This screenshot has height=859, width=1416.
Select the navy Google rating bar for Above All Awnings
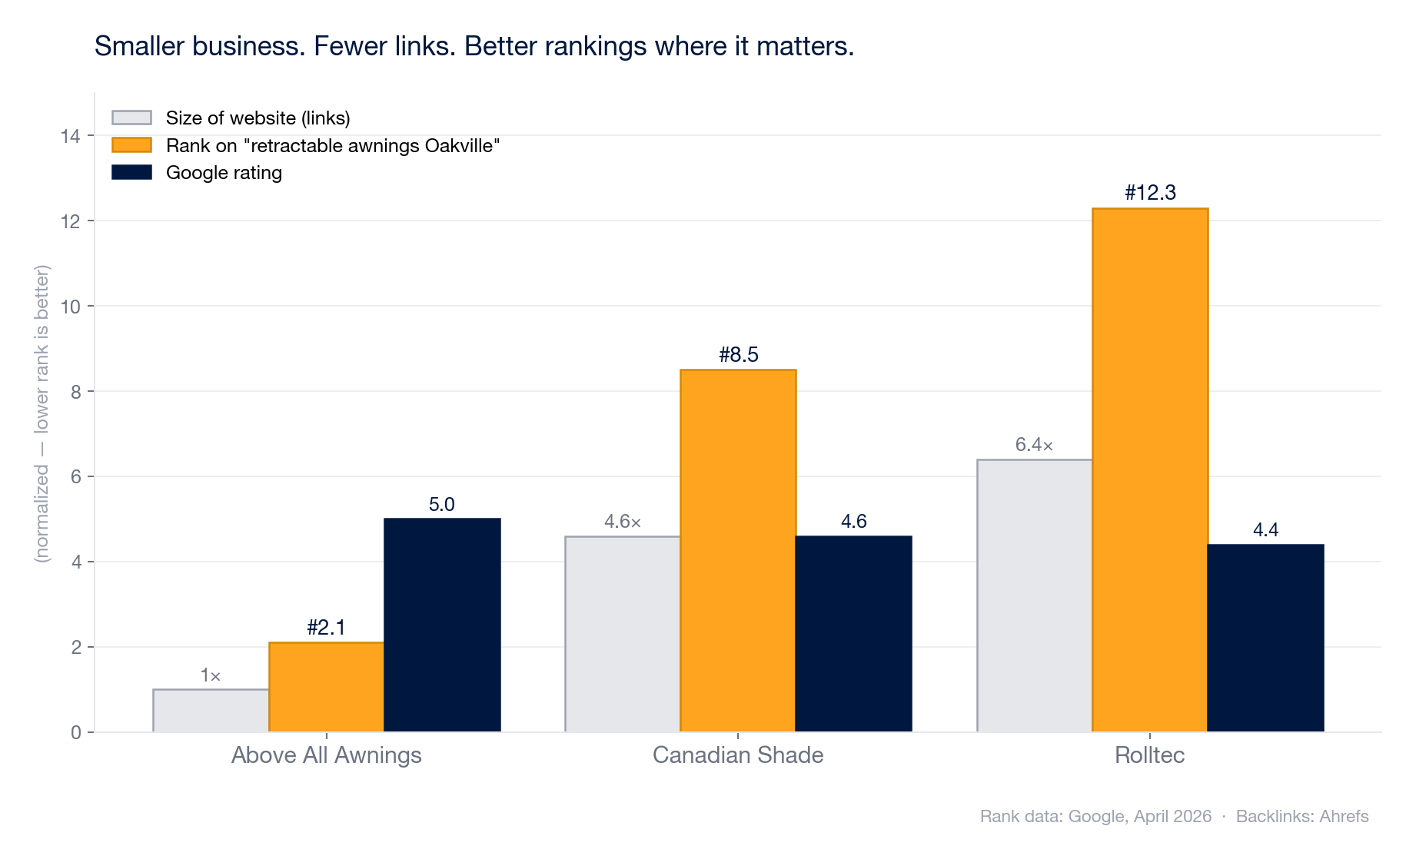point(442,625)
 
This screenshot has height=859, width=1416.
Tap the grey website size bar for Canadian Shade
point(623,634)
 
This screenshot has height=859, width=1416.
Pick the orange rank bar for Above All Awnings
point(326,687)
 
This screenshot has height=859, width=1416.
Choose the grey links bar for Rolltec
point(1034,595)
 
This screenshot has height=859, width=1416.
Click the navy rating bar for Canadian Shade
point(853,634)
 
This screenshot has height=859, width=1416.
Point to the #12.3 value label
point(1149,192)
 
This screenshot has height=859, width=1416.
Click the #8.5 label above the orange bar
point(738,354)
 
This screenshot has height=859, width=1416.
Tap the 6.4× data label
point(1034,445)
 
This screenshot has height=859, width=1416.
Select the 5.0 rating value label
point(441,505)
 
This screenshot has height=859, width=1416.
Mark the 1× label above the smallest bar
point(210,676)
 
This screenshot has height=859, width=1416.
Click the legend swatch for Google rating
point(131,172)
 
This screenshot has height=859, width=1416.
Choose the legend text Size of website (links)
point(258,118)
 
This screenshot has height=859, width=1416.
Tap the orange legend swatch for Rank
point(131,145)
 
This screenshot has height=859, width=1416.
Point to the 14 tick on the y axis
point(70,136)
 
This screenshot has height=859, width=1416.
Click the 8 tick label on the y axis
point(75,392)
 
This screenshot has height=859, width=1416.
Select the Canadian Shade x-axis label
point(737,755)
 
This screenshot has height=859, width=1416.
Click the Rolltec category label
point(1149,755)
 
